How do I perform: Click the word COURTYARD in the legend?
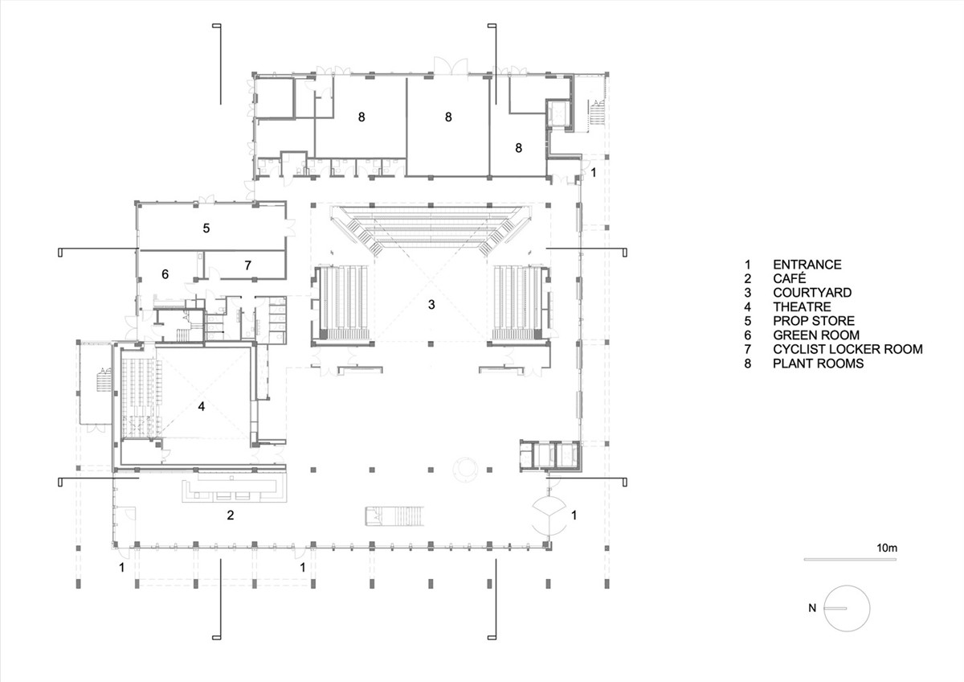coord(811,293)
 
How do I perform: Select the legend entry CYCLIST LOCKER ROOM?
coord(847,349)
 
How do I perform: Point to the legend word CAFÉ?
coord(790,278)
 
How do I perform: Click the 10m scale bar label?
coord(887,548)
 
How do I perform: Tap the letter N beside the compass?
coord(812,608)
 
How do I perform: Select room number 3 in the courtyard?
coord(431,304)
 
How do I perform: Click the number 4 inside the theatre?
coord(202,407)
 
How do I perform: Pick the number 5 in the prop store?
coord(206,228)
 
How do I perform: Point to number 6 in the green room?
coord(165,274)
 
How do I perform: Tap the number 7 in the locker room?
coord(248,264)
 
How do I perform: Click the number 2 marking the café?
coord(231,515)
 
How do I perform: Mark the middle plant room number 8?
coord(448,117)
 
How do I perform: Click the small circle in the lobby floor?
coord(466,468)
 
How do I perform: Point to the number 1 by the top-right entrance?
coord(594,173)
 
